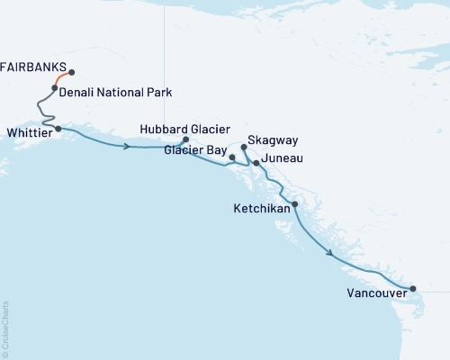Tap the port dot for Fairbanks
point(71,73)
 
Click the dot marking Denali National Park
point(55,88)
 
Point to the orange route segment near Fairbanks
point(61,78)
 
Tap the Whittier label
point(29,130)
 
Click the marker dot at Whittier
point(58,129)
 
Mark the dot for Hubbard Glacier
point(185,140)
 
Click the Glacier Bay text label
point(195,151)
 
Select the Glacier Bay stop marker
point(232,157)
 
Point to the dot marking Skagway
point(244,147)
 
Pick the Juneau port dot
point(256,163)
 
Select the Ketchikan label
point(261,208)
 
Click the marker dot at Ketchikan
point(295,204)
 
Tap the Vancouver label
point(375,292)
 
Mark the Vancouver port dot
point(413,289)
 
